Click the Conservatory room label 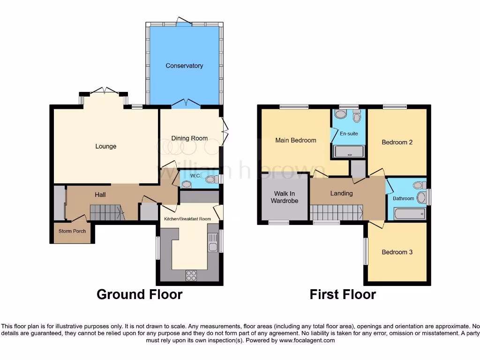[x=184, y=66]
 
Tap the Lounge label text [x=106, y=146]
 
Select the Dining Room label [x=189, y=138]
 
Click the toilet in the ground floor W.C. [x=210, y=180]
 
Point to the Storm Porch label [x=72, y=231]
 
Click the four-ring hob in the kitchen [x=191, y=276]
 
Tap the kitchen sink [x=213, y=246]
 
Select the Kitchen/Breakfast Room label [x=187, y=219]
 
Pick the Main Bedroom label [x=295, y=140]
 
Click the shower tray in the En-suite [x=348, y=151]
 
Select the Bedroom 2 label [x=397, y=142]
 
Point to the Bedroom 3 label [x=397, y=252]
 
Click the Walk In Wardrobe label [x=285, y=197]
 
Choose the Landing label [x=341, y=193]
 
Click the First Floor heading [x=343, y=294]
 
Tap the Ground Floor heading [x=139, y=294]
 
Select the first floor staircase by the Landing [x=337, y=212]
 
